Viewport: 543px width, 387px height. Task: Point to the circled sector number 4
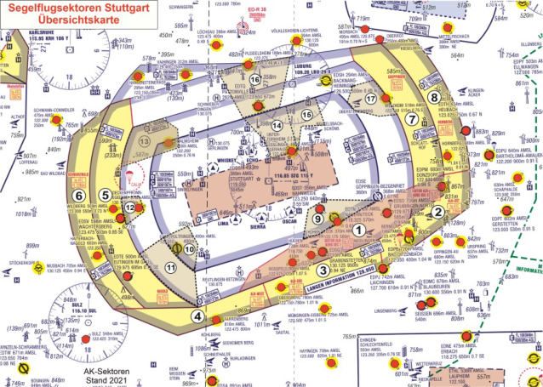[197, 316]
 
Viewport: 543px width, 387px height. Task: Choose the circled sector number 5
[104, 196]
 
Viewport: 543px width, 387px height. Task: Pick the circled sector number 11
[171, 268]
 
